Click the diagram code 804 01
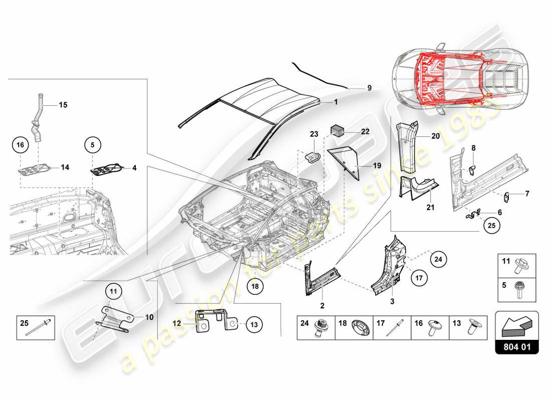tap(516, 346)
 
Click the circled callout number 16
tap(20, 145)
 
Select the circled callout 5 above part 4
tap(92, 145)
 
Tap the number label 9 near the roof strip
tap(369, 88)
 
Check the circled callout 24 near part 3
tap(438, 259)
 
